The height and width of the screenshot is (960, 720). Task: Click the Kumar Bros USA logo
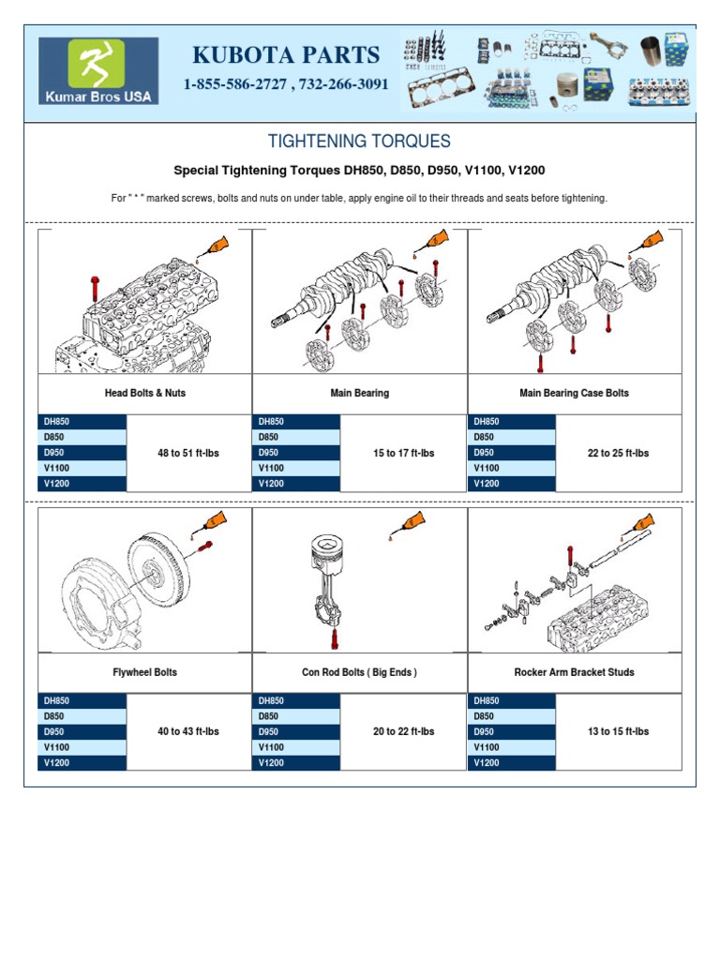[x=98, y=70]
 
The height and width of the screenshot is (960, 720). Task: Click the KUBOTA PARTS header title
[x=286, y=54]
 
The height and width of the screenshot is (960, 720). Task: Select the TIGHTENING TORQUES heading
[x=359, y=142]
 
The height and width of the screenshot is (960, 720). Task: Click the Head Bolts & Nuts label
[x=144, y=393]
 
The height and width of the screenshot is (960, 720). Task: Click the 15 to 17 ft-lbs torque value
[x=403, y=453]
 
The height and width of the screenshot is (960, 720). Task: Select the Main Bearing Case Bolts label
[x=574, y=393]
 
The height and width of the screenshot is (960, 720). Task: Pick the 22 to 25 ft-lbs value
[x=618, y=453]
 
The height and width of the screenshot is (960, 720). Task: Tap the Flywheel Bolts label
[x=144, y=672]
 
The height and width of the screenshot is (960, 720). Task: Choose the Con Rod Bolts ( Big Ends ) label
[x=359, y=672]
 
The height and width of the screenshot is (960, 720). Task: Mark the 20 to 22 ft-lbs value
[x=403, y=731]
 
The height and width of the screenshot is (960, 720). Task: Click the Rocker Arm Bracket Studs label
[x=574, y=672]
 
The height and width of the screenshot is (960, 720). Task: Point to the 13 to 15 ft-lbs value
[x=618, y=731]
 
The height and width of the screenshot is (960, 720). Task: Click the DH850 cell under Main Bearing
[x=296, y=422]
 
